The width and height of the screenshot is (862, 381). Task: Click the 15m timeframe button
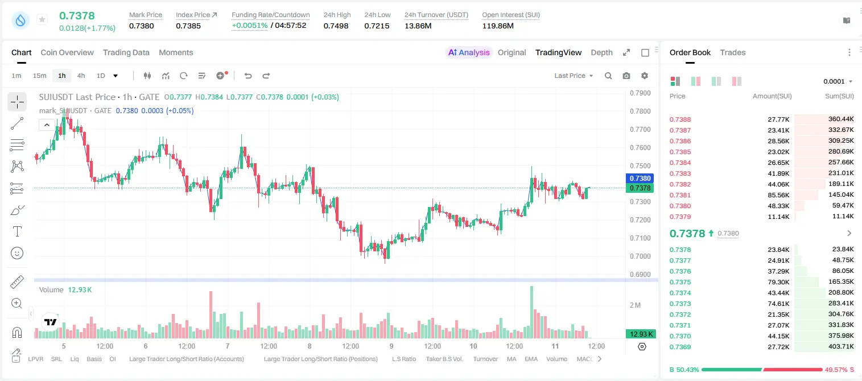[39, 76]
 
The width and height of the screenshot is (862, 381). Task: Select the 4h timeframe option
[81, 76]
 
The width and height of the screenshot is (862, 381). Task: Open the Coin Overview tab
[67, 52]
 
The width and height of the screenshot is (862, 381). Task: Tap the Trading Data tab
[126, 52]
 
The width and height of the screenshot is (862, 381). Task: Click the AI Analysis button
[469, 52]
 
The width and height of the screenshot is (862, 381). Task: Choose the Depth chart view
[601, 52]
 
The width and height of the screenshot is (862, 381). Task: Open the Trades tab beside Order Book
[733, 52]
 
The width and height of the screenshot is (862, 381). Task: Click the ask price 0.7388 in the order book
[680, 119]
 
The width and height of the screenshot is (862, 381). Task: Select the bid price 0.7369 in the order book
[680, 347]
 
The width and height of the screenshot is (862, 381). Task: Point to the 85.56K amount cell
[778, 195]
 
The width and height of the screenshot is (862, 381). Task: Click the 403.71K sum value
[841, 346]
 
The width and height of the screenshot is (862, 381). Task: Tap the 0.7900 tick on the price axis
[640, 93]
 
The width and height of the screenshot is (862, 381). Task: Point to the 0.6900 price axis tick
[640, 275]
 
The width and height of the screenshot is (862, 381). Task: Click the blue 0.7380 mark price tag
[640, 179]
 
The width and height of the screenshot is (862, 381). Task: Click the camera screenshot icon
[626, 76]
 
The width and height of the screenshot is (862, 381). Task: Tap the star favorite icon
[42, 19]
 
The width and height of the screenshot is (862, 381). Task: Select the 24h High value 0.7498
[336, 26]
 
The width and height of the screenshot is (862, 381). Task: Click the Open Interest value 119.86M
[498, 26]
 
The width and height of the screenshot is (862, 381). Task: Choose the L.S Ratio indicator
[403, 359]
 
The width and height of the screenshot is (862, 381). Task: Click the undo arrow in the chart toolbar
[248, 76]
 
